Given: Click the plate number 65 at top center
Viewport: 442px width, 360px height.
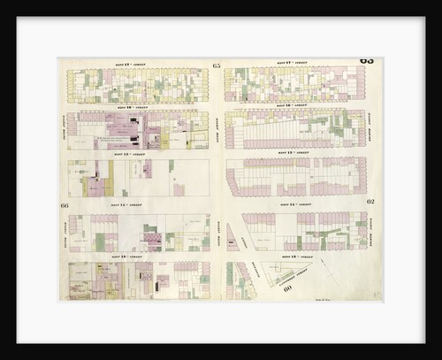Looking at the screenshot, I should point(217,65).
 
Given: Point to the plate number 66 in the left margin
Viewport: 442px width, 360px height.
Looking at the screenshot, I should point(65,205).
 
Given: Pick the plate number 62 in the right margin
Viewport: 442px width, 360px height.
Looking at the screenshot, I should point(370,203).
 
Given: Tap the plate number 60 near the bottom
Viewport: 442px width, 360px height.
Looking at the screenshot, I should point(288,288).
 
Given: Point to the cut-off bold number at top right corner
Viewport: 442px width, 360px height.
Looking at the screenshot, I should point(367,60).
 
